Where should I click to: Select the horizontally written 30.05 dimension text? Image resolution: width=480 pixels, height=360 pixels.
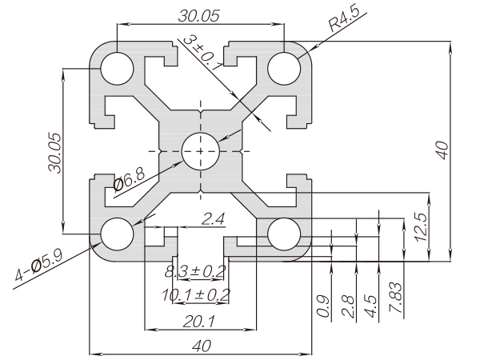pyautogui.click(x=200, y=15)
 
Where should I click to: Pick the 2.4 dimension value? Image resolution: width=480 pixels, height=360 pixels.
pyautogui.click(x=212, y=218)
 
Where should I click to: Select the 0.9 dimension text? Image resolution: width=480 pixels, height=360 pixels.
pyautogui.click(x=323, y=306)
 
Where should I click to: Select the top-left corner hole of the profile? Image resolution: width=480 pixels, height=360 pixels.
pyautogui.click(x=117, y=67)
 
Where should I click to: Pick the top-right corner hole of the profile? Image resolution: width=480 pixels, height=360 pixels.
pyautogui.click(x=283, y=67)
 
